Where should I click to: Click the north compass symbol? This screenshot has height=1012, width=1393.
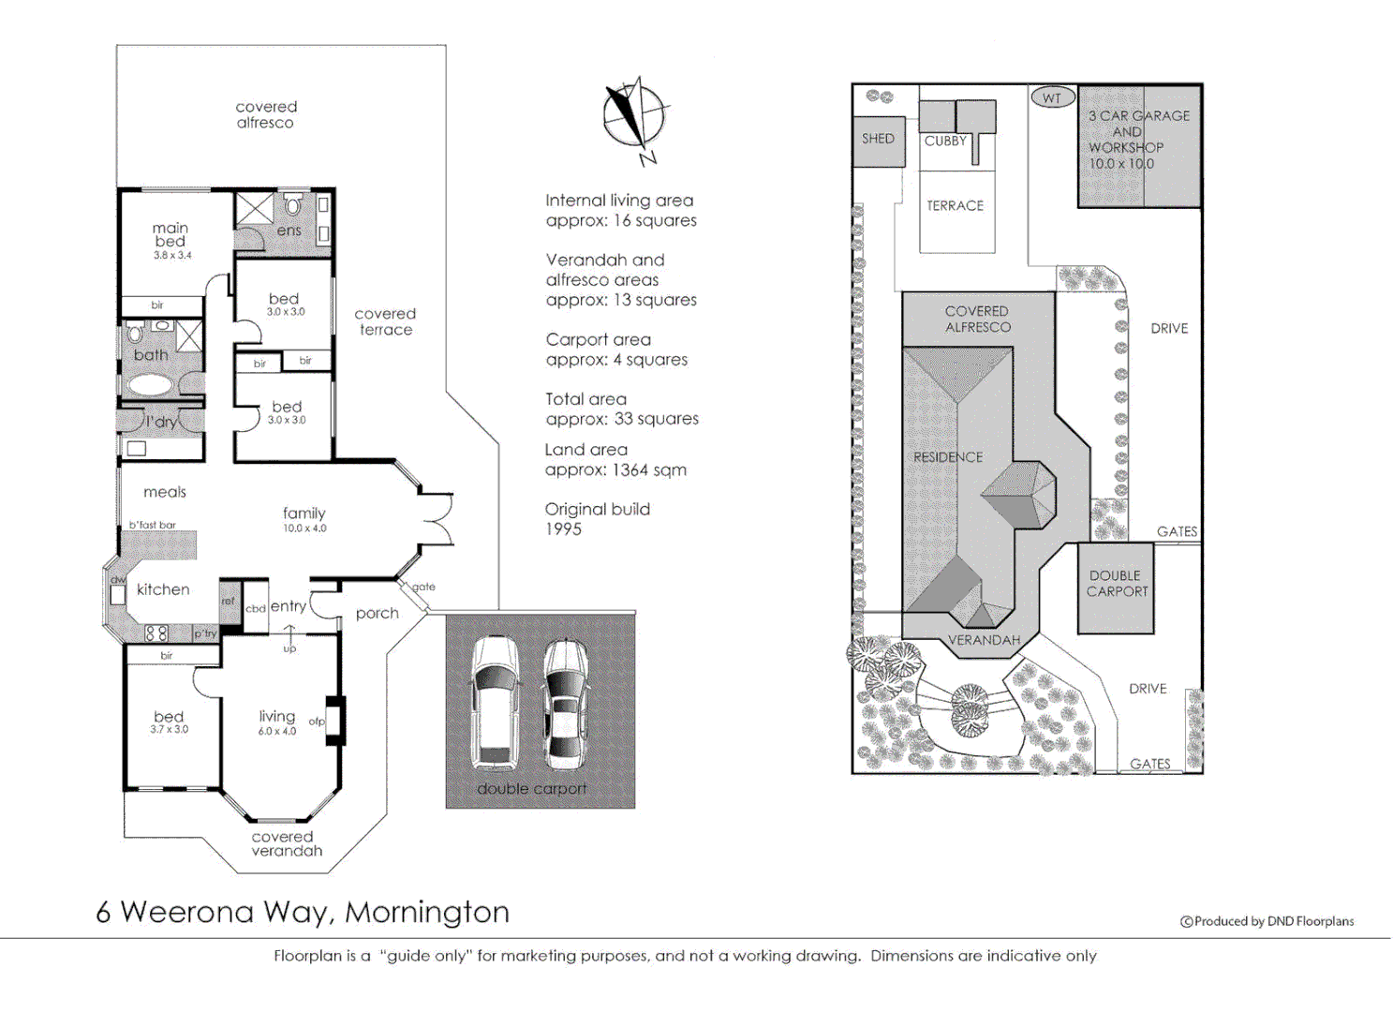click(634, 118)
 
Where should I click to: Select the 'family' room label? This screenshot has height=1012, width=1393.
click(304, 513)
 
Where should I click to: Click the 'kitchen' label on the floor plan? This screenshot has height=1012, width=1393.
click(163, 589)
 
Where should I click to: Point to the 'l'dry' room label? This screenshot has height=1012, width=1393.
click(160, 422)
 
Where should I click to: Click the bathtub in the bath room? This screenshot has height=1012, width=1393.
click(150, 384)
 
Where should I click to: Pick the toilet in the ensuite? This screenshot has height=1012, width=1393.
click(292, 203)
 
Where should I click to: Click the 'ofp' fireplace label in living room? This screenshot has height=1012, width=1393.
click(317, 722)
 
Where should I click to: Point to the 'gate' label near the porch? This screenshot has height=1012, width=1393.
click(423, 587)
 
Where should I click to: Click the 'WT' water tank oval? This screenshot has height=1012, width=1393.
click(1052, 97)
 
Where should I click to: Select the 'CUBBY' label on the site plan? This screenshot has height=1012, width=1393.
click(944, 141)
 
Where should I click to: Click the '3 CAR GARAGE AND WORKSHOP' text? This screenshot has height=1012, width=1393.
click(1137, 140)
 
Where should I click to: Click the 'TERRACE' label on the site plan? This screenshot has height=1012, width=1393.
click(956, 206)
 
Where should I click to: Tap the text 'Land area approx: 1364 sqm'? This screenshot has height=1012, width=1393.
click(615, 460)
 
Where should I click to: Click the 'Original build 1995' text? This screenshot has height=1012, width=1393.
click(597, 519)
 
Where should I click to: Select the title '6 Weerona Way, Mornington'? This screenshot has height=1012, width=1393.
click(303, 912)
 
